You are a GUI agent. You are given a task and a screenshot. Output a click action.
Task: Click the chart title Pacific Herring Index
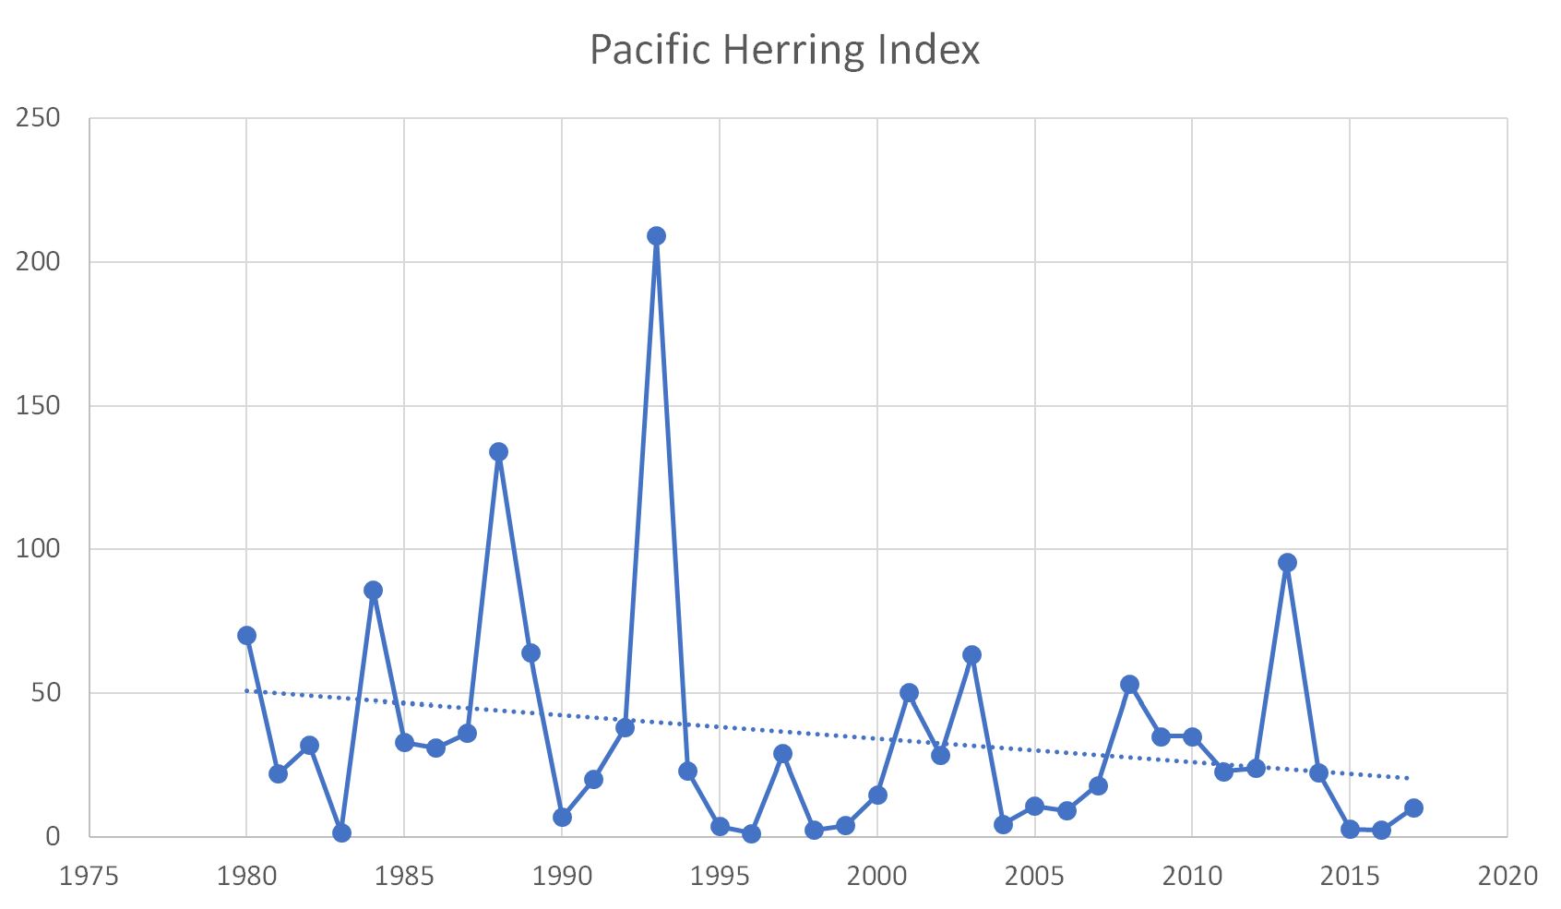click(784, 49)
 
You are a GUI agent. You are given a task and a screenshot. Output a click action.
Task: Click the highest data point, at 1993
click(656, 236)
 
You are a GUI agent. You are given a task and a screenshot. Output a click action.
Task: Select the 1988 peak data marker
click(498, 452)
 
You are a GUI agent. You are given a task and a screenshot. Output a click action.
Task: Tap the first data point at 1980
click(246, 636)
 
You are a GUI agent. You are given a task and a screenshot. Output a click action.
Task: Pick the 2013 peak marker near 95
click(1287, 563)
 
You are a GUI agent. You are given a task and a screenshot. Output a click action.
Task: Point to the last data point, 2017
click(1413, 808)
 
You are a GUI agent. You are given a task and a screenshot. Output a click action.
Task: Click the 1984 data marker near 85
click(373, 591)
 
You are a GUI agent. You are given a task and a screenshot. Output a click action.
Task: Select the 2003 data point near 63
click(971, 655)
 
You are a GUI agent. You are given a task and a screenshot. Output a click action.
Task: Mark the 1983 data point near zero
click(341, 833)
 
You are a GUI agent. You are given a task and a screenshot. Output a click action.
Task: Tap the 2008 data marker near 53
click(1129, 685)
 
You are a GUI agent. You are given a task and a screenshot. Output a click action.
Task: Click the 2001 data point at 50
click(909, 693)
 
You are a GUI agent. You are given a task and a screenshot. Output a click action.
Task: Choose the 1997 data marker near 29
click(782, 754)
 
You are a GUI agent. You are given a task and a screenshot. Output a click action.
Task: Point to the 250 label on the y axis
click(38, 118)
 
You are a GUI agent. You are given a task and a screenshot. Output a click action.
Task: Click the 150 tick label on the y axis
click(38, 405)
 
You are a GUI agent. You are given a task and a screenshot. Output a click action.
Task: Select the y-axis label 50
click(45, 693)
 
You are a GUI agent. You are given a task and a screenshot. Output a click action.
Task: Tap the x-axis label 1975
click(89, 876)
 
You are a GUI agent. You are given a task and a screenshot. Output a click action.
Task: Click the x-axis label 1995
click(720, 876)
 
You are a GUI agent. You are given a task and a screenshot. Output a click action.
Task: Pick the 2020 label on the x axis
click(1507, 876)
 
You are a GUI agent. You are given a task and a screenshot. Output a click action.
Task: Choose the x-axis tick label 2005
click(1034, 876)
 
